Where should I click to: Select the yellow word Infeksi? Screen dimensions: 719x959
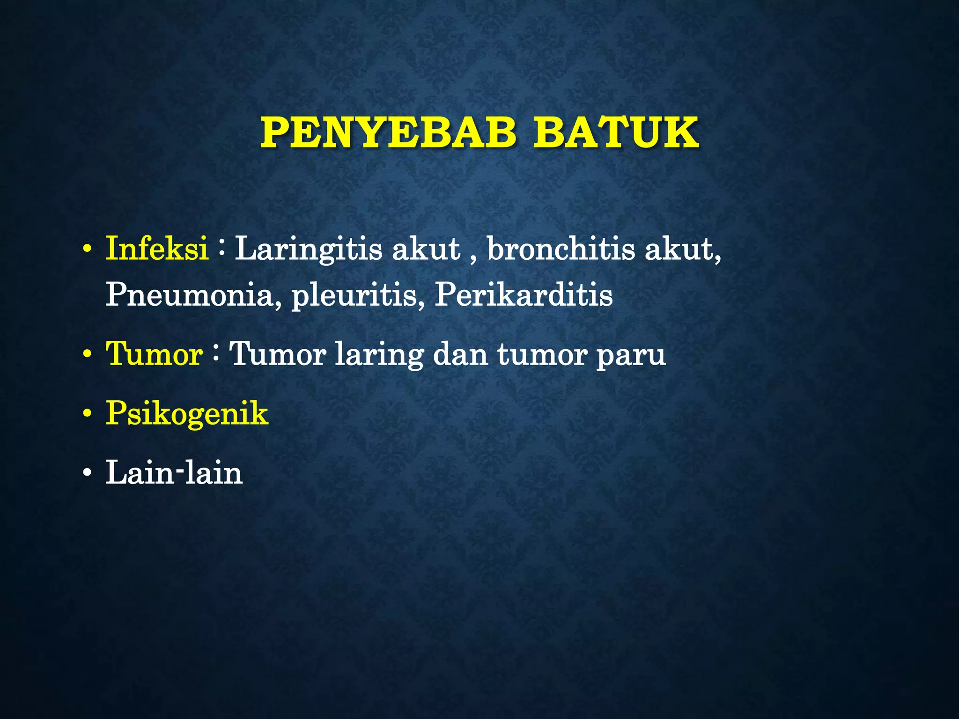tap(157, 249)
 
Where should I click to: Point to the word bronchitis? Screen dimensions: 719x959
tap(561, 249)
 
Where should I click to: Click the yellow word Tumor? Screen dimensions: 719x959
tap(154, 354)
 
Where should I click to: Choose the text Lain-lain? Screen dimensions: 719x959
tap(174, 473)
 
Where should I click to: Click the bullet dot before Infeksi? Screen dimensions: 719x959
tap(86, 250)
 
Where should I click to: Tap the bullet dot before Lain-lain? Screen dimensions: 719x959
tap(86, 474)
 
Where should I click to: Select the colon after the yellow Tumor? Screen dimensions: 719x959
tap(216, 352)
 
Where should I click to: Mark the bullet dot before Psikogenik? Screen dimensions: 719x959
tap(86, 415)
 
